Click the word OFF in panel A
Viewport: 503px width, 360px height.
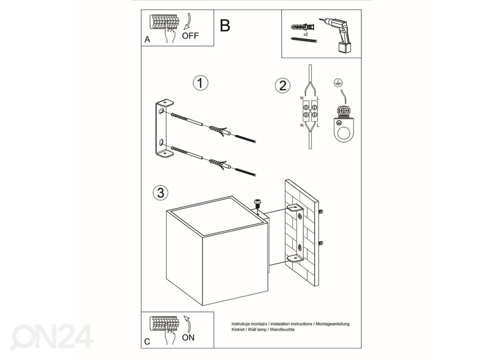(190, 36)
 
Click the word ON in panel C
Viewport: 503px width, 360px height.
(188, 338)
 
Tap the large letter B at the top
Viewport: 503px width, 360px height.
(225, 26)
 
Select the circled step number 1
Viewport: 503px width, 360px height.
(200, 83)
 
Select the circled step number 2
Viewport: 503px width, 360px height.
(283, 86)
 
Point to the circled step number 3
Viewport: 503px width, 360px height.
(161, 193)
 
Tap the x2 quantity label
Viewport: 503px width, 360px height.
(305, 34)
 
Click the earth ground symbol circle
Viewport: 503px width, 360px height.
(338, 83)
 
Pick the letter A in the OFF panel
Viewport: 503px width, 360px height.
(147, 40)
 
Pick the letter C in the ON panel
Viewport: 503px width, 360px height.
(147, 342)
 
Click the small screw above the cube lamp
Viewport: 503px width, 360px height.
(257, 204)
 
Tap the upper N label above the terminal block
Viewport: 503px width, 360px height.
(302, 98)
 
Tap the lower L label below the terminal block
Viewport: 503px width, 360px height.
(318, 125)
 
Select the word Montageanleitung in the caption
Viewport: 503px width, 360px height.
(332, 324)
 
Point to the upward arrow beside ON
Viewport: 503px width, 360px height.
(187, 324)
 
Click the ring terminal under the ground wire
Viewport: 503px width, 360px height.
(343, 130)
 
